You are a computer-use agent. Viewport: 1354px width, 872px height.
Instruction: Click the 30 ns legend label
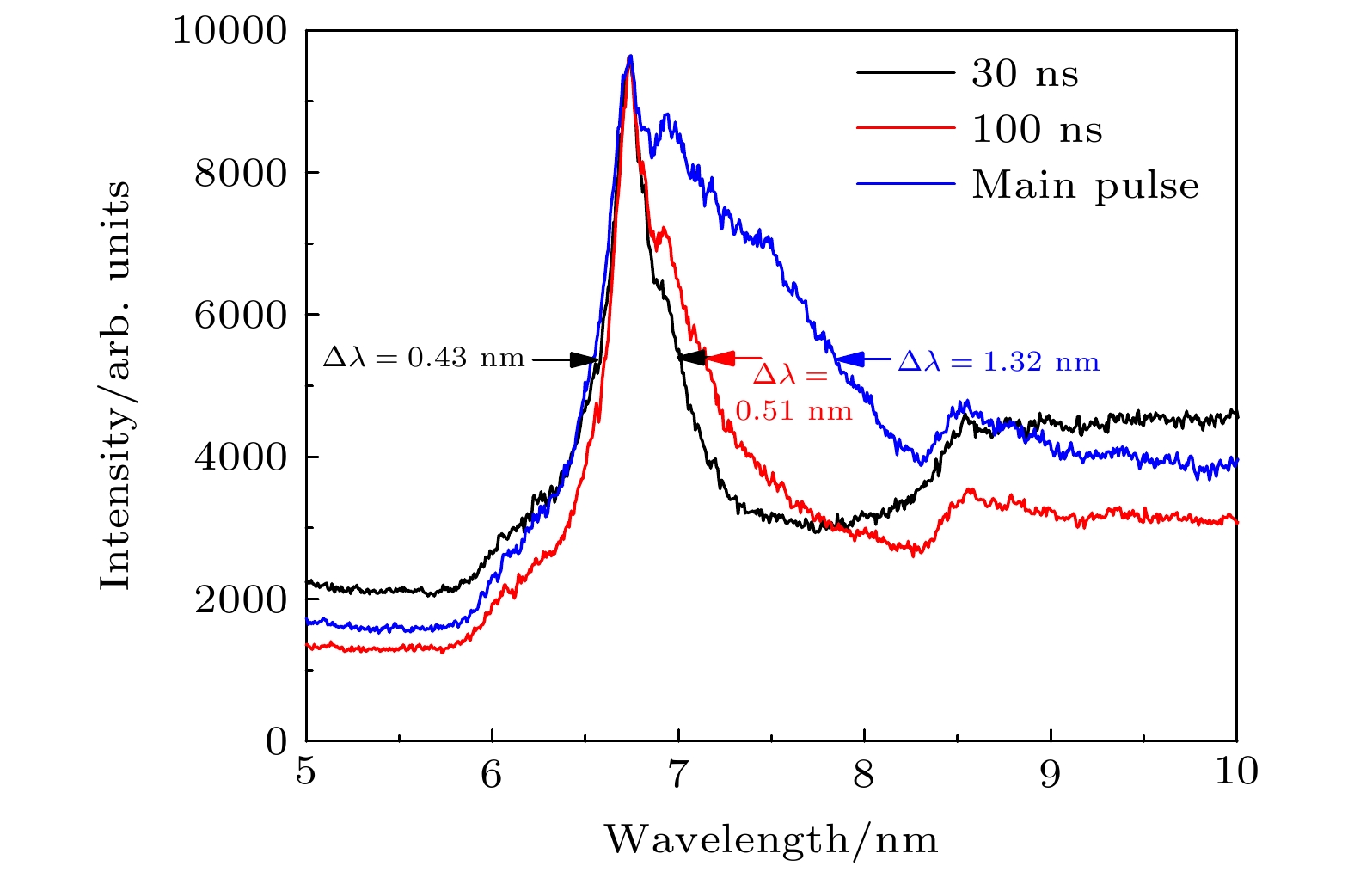click(x=1025, y=74)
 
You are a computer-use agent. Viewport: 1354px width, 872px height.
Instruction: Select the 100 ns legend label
click(x=1037, y=130)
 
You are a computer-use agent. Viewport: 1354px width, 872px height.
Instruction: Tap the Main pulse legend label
click(x=1085, y=186)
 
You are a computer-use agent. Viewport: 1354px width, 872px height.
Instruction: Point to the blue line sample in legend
click(x=905, y=184)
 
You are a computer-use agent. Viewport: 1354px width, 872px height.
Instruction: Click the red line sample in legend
click(x=905, y=128)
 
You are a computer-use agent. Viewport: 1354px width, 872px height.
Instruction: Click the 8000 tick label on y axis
click(x=240, y=173)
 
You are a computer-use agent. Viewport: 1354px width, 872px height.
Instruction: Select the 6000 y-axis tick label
click(x=240, y=315)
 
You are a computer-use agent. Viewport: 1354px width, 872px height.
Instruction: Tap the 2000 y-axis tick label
click(x=240, y=599)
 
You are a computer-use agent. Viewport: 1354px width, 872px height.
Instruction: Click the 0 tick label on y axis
click(x=276, y=741)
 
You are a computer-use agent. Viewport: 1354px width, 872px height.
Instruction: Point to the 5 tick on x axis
click(x=306, y=772)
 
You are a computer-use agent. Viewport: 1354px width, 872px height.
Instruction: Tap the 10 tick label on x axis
click(x=1236, y=772)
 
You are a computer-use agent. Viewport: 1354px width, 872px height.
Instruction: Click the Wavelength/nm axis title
click(x=771, y=839)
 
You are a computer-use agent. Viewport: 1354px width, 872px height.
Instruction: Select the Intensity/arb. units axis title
click(x=115, y=385)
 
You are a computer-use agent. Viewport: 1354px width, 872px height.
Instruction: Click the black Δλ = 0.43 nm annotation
click(x=424, y=358)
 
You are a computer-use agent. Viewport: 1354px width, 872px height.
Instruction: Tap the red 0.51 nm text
click(x=793, y=411)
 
